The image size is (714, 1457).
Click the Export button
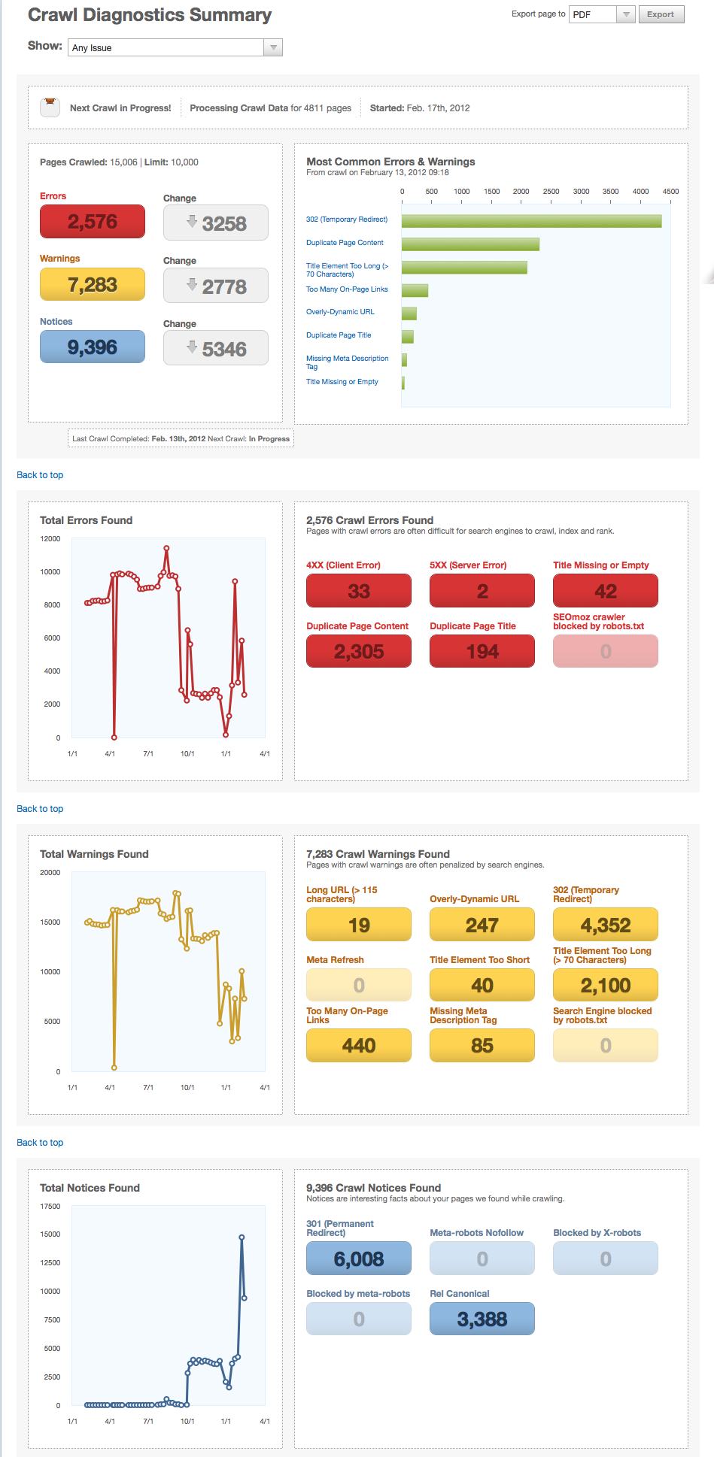pos(661,14)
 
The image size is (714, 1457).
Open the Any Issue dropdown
pos(175,47)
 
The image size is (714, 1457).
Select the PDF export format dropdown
pos(602,14)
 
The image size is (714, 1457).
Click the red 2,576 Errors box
pos(93,222)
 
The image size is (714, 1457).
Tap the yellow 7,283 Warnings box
pos(93,285)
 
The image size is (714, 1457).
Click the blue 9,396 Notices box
pos(93,347)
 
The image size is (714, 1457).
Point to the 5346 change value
pos(216,349)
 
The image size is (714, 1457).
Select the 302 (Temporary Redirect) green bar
pos(531,221)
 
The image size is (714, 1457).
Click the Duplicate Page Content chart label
pos(345,243)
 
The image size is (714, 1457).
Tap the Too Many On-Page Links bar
pos(415,290)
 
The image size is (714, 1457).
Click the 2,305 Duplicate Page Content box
pos(359,651)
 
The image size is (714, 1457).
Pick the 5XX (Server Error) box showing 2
pos(482,591)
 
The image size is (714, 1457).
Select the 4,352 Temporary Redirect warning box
pos(605,925)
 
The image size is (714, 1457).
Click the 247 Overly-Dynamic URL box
pos(482,925)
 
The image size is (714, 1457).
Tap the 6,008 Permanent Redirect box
pos(359,1259)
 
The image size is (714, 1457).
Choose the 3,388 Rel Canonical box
pos(482,1319)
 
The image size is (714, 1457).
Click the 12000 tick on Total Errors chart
pos(50,539)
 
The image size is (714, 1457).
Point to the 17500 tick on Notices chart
pos(50,1207)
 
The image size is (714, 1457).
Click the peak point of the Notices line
pos(242,1237)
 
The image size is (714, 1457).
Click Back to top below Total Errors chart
pos(40,809)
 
